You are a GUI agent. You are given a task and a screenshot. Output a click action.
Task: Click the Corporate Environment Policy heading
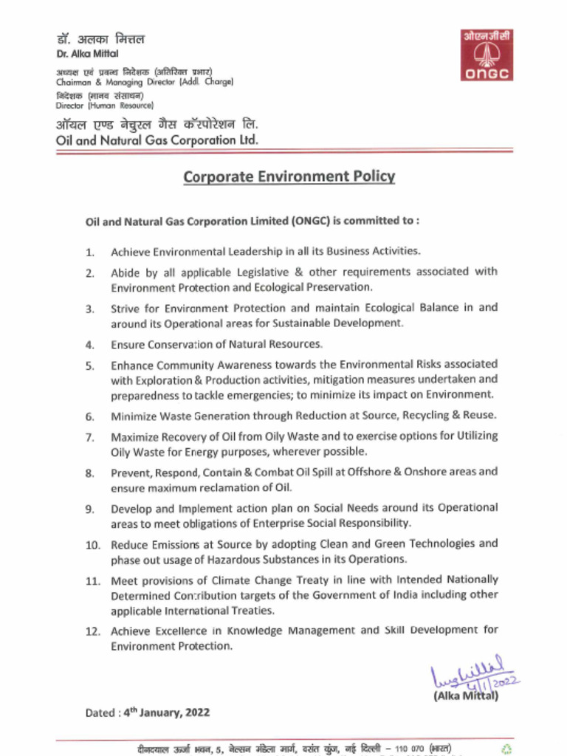click(x=289, y=177)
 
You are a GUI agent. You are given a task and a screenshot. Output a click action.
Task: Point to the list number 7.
click(x=89, y=437)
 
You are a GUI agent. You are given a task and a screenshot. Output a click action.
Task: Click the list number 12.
click(x=92, y=631)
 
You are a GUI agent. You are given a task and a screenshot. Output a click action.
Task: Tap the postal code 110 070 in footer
click(x=410, y=748)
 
